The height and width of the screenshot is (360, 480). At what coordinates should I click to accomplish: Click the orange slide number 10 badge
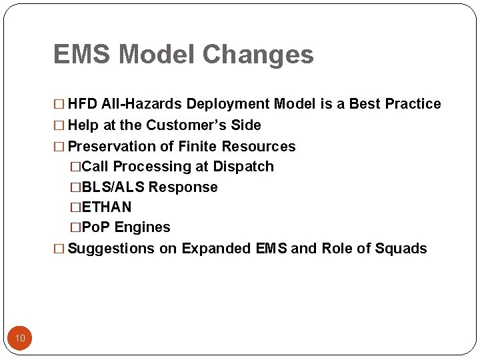20,338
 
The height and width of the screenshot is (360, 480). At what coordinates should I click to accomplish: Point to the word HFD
83,104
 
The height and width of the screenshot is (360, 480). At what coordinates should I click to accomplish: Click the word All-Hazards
142,104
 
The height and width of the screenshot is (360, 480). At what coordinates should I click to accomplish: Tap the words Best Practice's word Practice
413,104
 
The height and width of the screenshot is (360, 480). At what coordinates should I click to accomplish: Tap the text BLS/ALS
113,187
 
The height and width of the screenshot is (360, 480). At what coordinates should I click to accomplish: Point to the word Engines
143,227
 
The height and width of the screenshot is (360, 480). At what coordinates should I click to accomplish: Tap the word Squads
401,249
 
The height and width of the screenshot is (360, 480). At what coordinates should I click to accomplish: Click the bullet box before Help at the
60,125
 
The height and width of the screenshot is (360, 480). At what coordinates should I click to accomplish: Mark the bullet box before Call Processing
75,167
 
